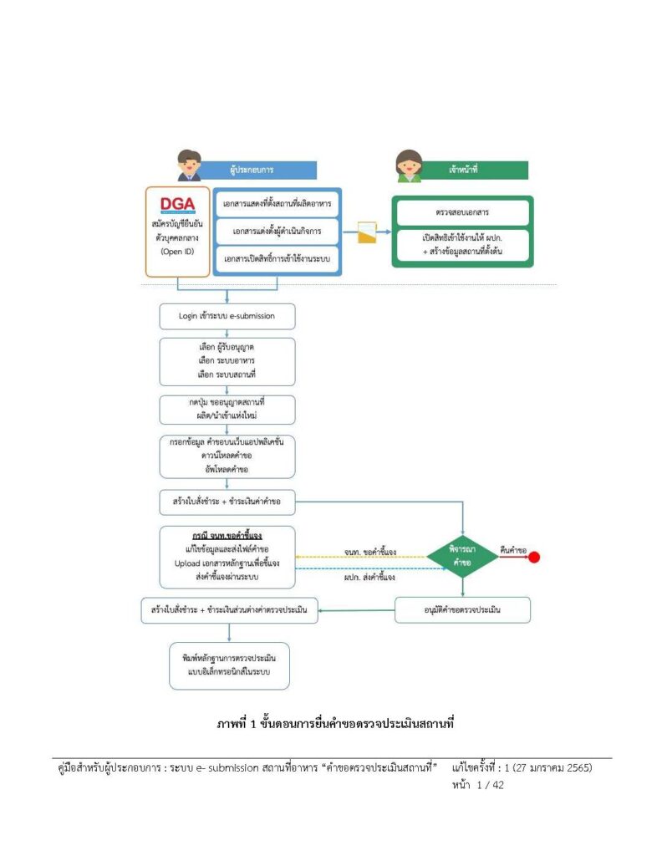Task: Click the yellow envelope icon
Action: pos(367,232)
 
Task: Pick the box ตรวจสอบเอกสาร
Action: pos(462,212)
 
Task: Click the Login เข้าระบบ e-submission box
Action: pos(227,316)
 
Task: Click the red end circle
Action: pos(534,557)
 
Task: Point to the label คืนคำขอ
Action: pos(512,549)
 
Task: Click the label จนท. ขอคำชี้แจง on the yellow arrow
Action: pos(370,552)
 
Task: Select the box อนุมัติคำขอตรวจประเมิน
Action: pos(462,610)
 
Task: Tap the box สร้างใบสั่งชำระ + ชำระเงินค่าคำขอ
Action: pos(227,502)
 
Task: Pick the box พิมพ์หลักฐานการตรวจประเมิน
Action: pos(228,665)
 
